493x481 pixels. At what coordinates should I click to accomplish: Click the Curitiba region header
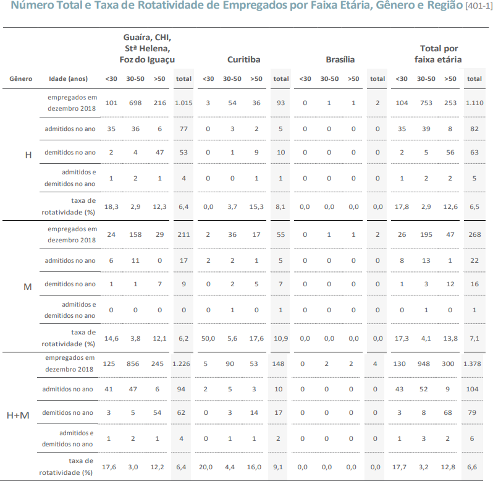click(x=243, y=59)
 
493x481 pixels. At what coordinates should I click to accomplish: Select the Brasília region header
click(x=340, y=59)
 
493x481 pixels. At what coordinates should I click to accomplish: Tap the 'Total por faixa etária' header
click(x=438, y=54)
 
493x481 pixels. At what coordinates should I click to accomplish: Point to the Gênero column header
click(x=21, y=79)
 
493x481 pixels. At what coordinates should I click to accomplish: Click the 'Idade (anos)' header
click(x=68, y=79)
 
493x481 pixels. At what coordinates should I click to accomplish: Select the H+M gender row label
click(x=18, y=415)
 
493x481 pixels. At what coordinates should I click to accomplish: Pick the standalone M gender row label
click(x=28, y=287)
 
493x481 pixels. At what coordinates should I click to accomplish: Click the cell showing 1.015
click(x=183, y=103)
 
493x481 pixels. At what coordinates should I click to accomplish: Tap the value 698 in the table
click(x=135, y=103)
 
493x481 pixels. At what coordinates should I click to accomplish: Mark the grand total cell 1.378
click(x=472, y=364)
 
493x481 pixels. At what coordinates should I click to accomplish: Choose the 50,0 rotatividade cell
click(x=208, y=339)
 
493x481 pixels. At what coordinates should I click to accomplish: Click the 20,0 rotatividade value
click(x=206, y=467)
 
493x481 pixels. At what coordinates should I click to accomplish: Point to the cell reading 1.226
click(x=181, y=364)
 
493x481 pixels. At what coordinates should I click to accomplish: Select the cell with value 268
click(x=474, y=234)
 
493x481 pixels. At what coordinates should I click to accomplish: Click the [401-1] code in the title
click(x=479, y=6)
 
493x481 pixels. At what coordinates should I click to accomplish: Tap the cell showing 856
click(x=133, y=364)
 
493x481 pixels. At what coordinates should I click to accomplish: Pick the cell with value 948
click(x=424, y=364)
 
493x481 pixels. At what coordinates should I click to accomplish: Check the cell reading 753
click(x=426, y=103)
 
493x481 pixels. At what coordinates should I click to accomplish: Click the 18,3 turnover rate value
click(x=111, y=206)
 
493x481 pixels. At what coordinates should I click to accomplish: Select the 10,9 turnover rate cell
click(x=280, y=339)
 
